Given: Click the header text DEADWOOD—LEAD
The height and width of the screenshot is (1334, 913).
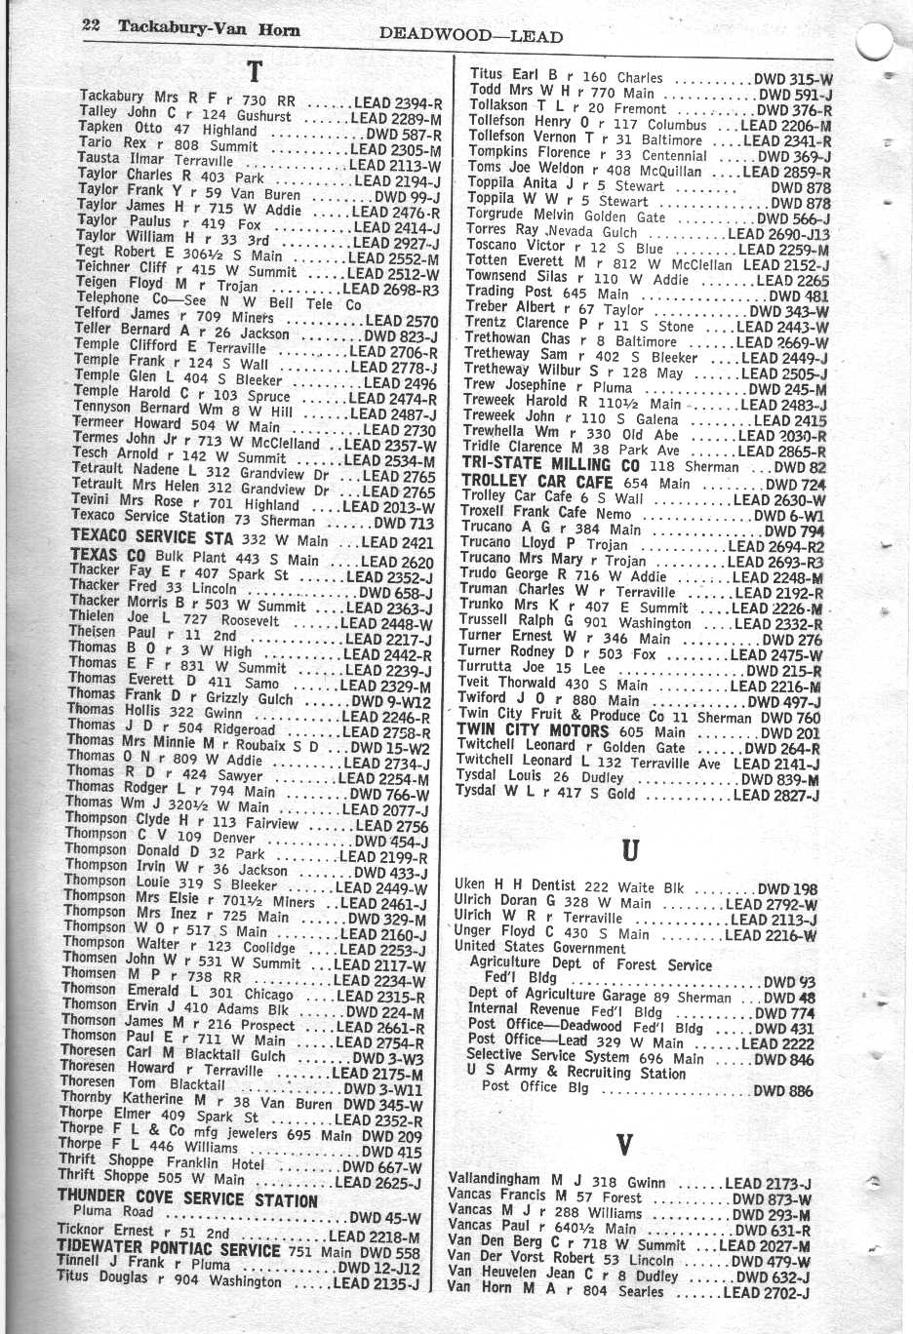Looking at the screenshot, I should tap(470, 36).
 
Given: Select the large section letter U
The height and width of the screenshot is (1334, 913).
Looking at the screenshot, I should tap(630, 849).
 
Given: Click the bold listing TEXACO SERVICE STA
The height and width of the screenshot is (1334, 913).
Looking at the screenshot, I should tap(152, 538).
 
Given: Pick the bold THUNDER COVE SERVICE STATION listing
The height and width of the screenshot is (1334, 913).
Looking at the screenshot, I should tap(187, 1199).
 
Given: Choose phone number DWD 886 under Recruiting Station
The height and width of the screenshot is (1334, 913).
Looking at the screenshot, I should tap(783, 1091).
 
